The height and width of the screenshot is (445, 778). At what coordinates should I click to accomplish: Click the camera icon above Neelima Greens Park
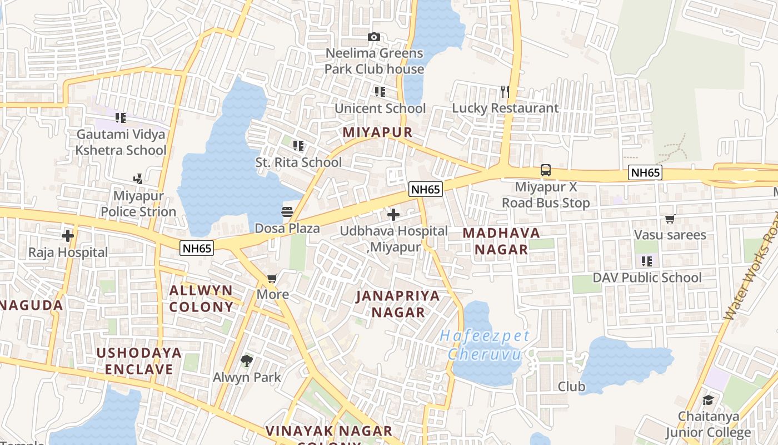point(374,37)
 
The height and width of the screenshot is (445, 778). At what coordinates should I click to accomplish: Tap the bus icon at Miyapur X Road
point(546,170)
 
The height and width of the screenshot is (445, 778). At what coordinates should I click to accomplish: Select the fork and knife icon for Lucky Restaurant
point(505,91)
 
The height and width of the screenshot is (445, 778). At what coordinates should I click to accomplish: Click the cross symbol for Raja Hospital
point(68,236)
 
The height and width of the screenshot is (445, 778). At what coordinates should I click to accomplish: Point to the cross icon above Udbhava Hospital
point(393,214)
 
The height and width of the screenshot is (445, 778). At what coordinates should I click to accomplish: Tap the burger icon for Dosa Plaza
point(287,211)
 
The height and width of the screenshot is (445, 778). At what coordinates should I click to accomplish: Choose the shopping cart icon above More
point(272,278)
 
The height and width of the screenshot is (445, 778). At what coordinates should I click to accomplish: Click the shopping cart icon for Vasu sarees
point(670,219)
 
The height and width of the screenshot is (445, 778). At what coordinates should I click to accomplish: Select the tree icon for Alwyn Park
point(247,361)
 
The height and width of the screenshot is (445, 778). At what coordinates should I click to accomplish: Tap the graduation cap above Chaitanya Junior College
point(708,400)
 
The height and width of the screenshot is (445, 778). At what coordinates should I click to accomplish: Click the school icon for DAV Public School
point(646,261)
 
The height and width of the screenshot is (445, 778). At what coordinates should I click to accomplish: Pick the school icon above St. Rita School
point(298,146)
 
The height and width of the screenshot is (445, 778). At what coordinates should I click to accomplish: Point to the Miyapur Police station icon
point(138,179)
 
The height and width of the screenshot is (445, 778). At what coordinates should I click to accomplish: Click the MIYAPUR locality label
point(378,132)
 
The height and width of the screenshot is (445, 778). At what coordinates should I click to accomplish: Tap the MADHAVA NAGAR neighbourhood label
point(501,241)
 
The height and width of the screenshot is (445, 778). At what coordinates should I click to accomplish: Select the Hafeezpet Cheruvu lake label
point(485,345)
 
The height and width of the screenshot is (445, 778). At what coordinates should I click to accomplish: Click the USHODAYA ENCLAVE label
point(139,360)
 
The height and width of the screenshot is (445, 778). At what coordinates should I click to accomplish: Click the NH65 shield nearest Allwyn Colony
point(197,249)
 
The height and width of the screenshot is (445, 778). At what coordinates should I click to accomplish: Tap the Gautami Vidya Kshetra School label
point(121,142)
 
